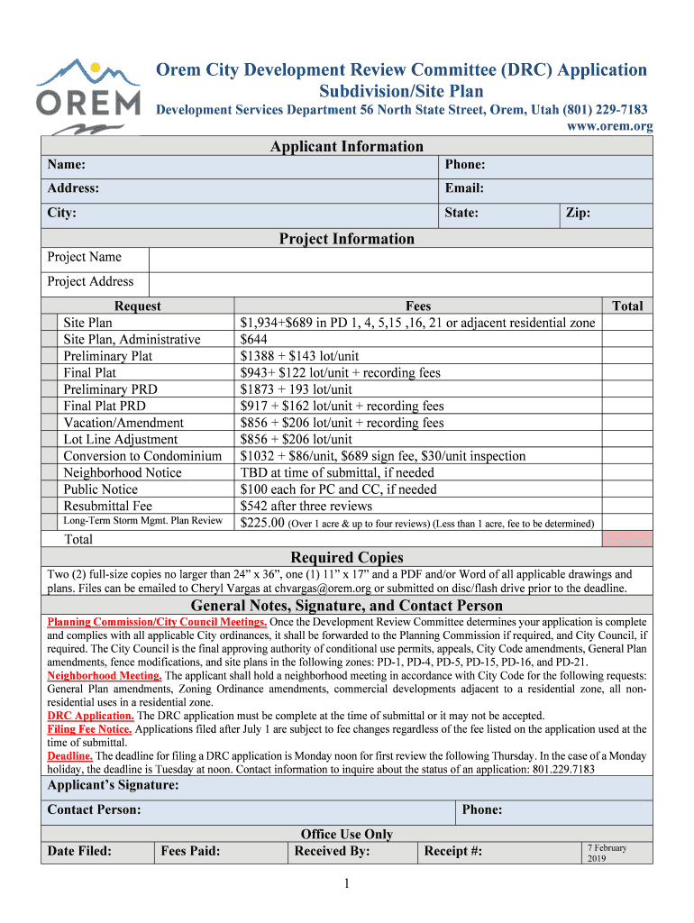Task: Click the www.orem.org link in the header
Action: (608, 126)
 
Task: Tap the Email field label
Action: (464, 188)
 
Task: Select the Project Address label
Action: (90, 281)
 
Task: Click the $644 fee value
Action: (255, 340)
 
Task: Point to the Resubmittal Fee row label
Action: (107, 507)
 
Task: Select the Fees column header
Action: (418, 306)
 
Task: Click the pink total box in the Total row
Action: (626, 539)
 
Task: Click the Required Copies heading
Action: (347, 557)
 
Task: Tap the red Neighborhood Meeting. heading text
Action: (104, 676)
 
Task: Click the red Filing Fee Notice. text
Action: (89, 729)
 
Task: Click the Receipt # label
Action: (452, 852)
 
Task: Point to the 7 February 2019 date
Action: (607, 853)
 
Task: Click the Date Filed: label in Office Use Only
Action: (79, 852)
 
